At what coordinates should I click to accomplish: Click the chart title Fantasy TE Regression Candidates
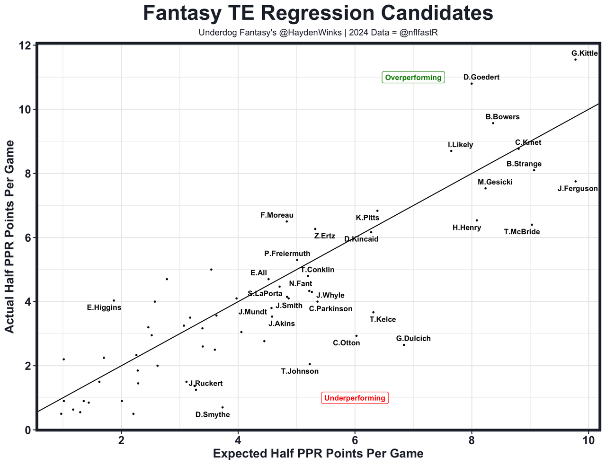tap(318, 13)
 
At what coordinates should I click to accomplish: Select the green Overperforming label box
tap(413, 78)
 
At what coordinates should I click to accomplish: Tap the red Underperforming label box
tap(355, 398)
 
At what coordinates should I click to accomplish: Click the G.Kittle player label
tap(584, 53)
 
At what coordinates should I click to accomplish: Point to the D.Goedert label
tap(481, 77)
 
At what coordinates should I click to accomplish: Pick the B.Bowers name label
tap(502, 117)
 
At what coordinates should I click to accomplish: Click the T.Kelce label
tap(383, 320)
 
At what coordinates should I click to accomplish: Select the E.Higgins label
tap(104, 307)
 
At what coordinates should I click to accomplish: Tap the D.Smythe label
tap(213, 415)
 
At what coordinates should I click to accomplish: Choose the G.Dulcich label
tap(413, 339)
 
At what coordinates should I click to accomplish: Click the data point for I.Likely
tap(451, 151)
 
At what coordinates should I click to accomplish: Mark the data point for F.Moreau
tap(286, 221)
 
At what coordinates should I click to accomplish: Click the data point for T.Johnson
tap(310, 364)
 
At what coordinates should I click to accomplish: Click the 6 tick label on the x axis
tap(355, 439)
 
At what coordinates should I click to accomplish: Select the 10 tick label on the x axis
tap(588, 439)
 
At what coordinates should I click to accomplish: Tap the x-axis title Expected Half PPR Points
tap(318, 454)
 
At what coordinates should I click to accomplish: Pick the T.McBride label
tap(522, 232)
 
